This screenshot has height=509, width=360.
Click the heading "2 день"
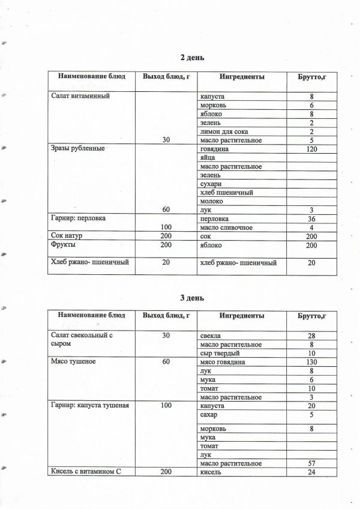click(x=193, y=58)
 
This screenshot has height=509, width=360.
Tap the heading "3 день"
click(x=193, y=297)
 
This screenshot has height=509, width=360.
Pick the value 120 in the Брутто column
click(x=311, y=148)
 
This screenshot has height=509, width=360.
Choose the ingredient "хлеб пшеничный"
click(x=226, y=192)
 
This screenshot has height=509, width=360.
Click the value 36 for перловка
click(x=311, y=218)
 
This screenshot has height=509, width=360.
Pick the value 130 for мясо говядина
click(x=311, y=362)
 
